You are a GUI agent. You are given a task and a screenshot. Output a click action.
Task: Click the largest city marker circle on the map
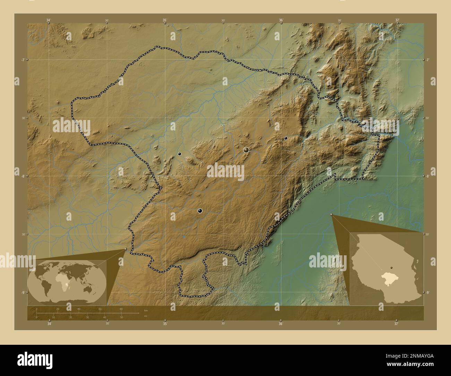click(x=246, y=150)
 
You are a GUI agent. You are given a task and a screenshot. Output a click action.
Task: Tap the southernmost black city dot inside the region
click(x=200, y=211)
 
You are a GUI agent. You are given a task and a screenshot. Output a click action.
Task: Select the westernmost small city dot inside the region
click(x=179, y=154)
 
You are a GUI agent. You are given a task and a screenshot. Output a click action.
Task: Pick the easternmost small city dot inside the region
click(x=286, y=138)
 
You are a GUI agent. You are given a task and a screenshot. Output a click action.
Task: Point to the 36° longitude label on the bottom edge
click(x=281, y=324)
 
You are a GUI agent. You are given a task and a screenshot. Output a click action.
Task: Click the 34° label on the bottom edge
click(x=49, y=324)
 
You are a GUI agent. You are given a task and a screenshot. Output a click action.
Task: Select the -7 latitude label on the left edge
click(x=22, y=60)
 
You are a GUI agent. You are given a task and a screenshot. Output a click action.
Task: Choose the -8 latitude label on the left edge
click(x=22, y=176)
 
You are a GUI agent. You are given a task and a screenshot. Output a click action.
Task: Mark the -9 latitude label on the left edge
click(x=22, y=292)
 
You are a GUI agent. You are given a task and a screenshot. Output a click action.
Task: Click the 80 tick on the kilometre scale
click(x=121, y=309)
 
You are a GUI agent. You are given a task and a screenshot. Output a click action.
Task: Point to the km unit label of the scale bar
click(x=146, y=310)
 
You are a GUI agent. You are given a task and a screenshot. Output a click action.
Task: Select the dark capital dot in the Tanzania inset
click(x=391, y=268)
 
